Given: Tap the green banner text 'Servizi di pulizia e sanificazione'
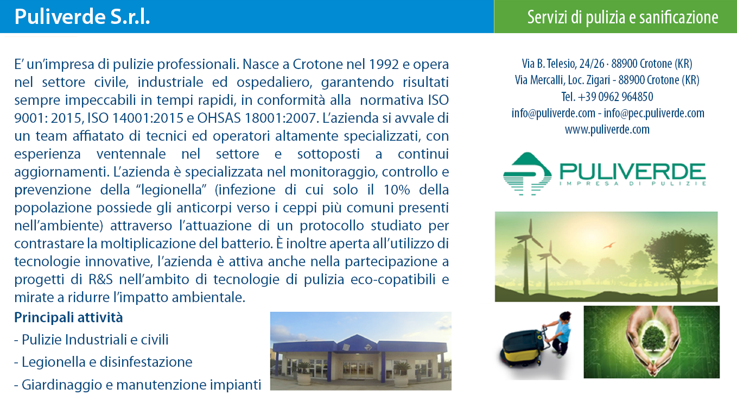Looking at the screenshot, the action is [622, 17].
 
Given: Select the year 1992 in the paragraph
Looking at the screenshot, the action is [384, 64].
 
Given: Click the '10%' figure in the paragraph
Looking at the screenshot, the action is [397, 190].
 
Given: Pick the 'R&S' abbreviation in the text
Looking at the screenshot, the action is [101, 279].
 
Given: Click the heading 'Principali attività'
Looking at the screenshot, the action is [68, 317].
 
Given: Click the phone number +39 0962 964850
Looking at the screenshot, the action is [615, 97].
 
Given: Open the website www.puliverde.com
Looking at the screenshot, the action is [607, 129].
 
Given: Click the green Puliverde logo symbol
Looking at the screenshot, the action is [528, 174].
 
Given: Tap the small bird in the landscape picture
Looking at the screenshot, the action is [609, 245].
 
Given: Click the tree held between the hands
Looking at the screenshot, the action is [652, 340].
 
